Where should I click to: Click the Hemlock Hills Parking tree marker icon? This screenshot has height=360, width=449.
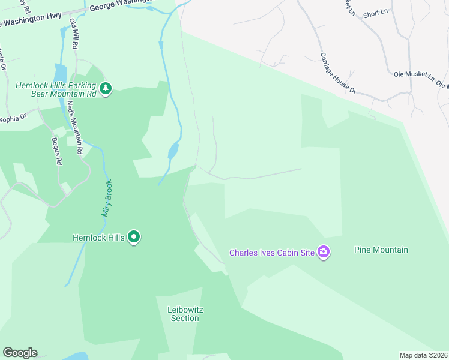tap(106, 89)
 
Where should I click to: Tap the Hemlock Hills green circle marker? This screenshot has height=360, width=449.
tap(134, 238)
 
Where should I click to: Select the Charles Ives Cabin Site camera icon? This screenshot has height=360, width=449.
tap(324, 253)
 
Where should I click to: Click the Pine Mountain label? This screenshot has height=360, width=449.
tap(381, 250)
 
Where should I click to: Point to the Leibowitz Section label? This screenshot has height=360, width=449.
tap(185, 314)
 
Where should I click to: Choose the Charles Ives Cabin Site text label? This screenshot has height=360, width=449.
tap(272, 253)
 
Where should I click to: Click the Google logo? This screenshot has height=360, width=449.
tap(20, 353)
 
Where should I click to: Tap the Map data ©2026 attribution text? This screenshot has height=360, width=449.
tap(423, 355)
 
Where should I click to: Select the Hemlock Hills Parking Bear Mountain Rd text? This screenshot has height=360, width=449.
tap(56, 89)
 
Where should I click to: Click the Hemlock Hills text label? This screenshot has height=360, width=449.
tap(98, 238)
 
